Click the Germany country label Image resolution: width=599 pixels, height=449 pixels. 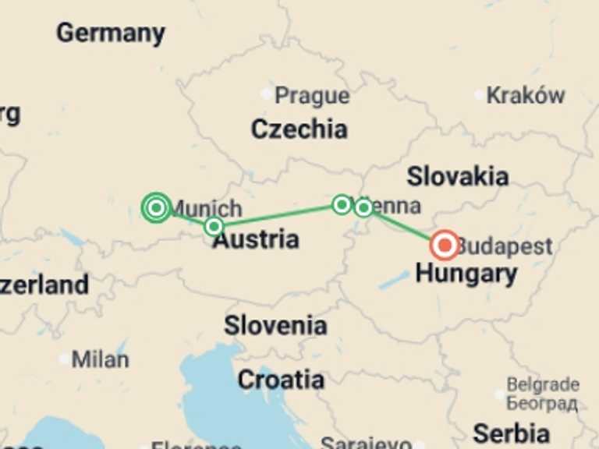pos(111,33)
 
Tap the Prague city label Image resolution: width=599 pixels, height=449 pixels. pos(312,96)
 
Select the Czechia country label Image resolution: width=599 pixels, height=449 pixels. pos(299,129)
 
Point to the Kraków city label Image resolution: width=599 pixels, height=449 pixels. pos(525,95)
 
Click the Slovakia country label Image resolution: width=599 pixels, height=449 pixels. pos(458,176)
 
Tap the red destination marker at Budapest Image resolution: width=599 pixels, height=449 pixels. pos(445,246)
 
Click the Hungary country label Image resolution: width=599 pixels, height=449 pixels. pos(466,274)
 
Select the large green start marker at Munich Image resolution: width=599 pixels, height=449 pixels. pos(157,207)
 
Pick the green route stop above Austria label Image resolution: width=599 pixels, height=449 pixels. pos(214,227)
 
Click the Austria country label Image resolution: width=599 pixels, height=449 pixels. pos(256,240)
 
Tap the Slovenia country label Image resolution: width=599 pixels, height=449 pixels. pos(275,325)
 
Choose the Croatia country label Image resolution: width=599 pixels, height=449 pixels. pos(281,380)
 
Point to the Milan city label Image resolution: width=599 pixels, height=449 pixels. pos(100,359)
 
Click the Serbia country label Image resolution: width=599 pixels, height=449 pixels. pos(511,433)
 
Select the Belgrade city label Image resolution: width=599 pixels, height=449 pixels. pos(543,385)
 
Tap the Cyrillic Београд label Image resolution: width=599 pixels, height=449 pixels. pos(542,403)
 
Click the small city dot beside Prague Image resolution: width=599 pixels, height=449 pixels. pos(267,94)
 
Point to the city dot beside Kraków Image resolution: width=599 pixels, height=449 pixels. pos(480,95)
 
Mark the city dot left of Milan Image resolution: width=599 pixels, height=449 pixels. pos(64,359)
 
